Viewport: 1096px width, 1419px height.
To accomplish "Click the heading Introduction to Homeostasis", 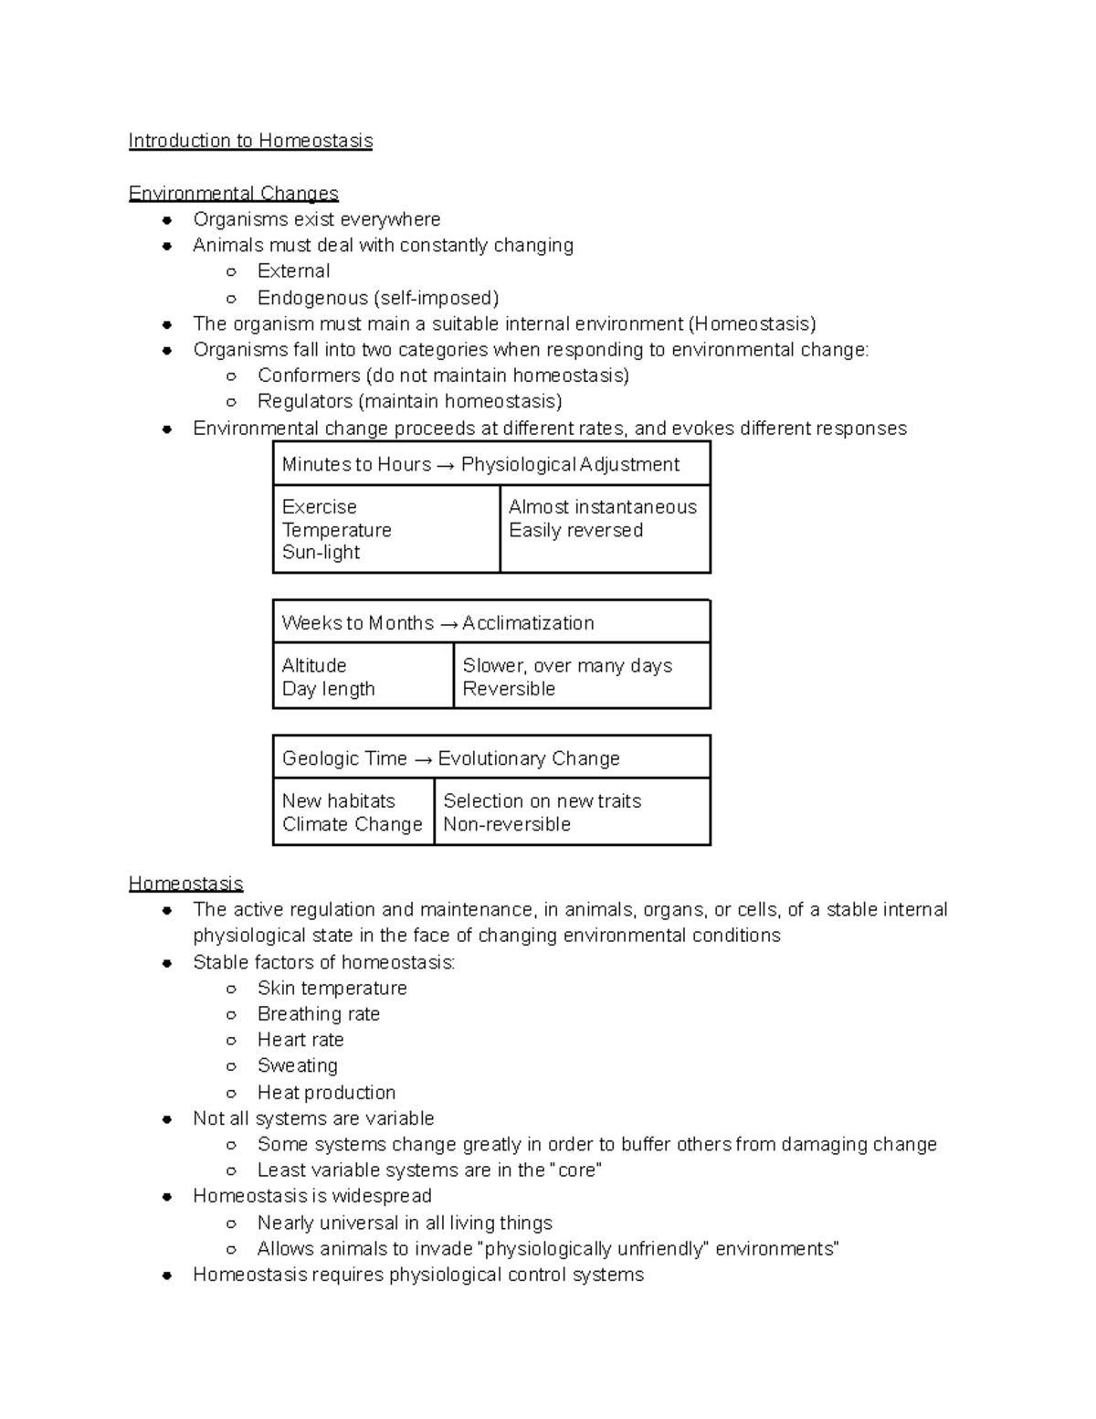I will tap(250, 141).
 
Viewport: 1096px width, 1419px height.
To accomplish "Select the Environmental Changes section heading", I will tap(233, 194).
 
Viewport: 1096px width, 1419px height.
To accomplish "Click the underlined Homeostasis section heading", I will tap(185, 884).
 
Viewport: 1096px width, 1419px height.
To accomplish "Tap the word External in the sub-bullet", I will tap(293, 271).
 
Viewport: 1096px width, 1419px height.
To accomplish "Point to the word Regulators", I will tap(305, 401).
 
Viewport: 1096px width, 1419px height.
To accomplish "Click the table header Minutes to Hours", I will tap(356, 464).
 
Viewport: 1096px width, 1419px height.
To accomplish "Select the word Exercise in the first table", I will tap(319, 507).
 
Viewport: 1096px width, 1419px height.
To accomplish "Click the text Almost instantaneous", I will tap(602, 507).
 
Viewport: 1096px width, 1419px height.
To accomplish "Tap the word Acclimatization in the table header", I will tap(528, 623).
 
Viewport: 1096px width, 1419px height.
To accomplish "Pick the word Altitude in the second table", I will tap(314, 665).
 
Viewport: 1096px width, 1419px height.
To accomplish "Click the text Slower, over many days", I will tap(567, 665).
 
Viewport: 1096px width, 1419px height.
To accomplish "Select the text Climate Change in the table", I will tap(352, 824).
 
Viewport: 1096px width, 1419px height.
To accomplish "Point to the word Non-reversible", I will tap(507, 824).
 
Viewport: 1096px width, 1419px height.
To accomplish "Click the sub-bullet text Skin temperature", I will tap(332, 988).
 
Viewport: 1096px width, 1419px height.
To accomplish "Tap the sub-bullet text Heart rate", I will tap(300, 1040).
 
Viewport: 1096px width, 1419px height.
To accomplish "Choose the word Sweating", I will tap(297, 1065).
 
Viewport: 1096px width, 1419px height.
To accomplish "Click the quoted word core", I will tap(576, 1170).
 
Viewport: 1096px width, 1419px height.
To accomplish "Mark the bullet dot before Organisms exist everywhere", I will tap(167, 220).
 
